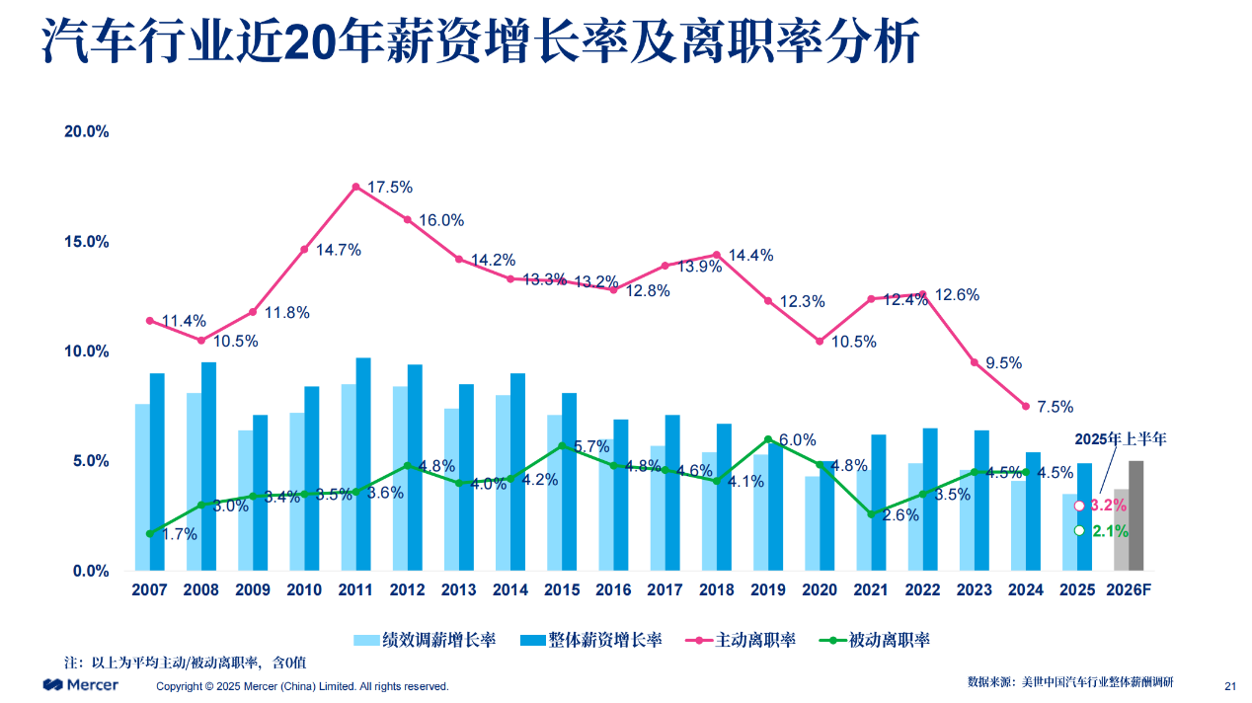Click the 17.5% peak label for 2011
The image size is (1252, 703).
390,187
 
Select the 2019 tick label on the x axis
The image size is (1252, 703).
768,590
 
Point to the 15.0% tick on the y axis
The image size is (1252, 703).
87,242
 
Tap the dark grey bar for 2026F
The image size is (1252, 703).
1136,515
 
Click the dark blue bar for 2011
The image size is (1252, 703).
363,464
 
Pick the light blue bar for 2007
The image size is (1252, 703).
142,487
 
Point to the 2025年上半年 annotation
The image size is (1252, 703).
1120,439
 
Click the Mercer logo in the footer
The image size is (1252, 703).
80,685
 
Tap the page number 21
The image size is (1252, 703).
1230,686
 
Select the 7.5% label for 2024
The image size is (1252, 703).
1056,407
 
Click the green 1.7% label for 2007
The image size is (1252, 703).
179,534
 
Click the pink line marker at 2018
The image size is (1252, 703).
717,255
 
